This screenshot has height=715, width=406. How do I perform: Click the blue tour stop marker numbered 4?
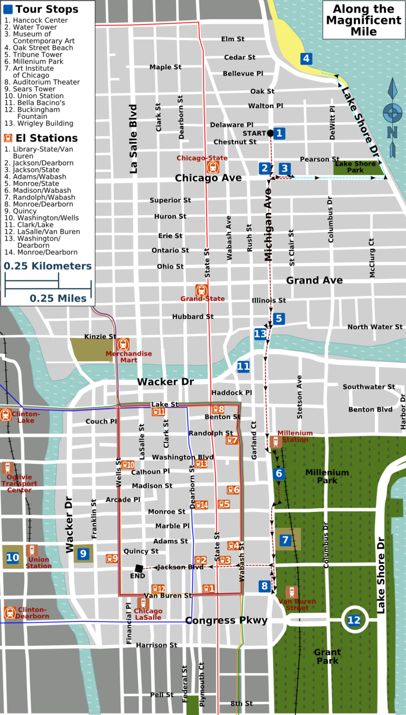coord(306,59)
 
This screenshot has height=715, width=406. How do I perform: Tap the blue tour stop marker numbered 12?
coord(354,620)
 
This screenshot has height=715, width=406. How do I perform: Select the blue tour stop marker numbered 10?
coord(12,557)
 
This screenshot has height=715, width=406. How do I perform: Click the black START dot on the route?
coord(270,133)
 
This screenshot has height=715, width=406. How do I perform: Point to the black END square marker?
coord(139,568)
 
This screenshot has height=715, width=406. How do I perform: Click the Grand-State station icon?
coord(201,290)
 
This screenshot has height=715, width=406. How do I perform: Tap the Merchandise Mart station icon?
coord(123,344)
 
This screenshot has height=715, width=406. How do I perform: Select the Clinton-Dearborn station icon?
coord(10,612)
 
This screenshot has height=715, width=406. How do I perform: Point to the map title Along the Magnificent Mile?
coord(364,20)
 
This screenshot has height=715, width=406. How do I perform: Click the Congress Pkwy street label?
coord(226,620)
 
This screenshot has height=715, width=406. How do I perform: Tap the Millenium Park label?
coord(327,476)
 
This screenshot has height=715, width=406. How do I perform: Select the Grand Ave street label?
coord(315,280)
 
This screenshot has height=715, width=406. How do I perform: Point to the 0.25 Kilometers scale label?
coord(48,266)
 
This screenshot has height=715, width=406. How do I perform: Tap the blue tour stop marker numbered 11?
coord(243,366)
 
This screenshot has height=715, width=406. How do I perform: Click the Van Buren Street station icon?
coord(291,592)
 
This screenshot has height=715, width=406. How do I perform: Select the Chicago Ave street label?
coord(208,178)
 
